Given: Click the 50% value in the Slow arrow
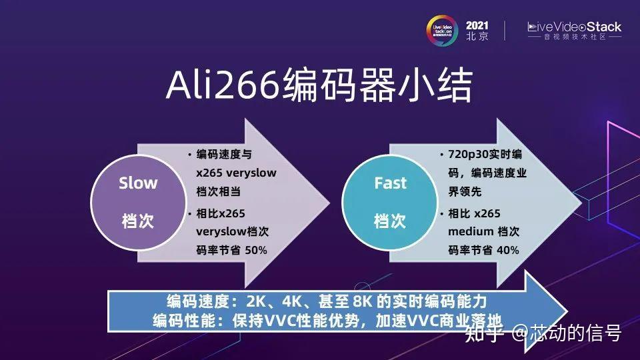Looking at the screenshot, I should click(x=256, y=250).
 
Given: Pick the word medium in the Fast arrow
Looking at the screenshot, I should click(x=471, y=231).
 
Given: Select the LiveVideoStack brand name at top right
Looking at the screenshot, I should click(x=575, y=27).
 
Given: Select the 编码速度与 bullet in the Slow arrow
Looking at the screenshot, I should click(x=224, y=155).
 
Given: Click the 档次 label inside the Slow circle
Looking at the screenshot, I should click(x=138, y=221).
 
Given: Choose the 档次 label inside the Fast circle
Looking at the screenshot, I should click(x=389, y=221).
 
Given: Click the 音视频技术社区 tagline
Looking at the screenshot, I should click(x=574, y=37).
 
